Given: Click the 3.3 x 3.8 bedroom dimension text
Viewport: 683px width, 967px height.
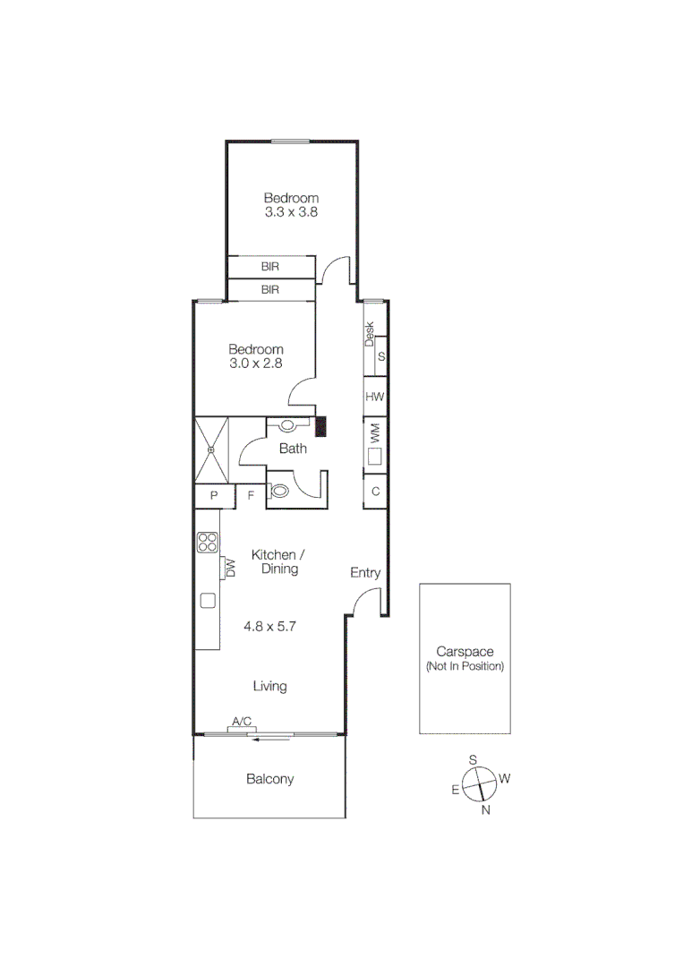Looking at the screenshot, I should coord(291,213).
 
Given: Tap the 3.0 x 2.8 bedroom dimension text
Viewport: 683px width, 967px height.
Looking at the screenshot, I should coord(255,364).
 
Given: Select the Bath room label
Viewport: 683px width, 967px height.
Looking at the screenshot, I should coord(293,449).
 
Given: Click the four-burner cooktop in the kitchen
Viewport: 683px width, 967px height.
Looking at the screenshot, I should coord(207,542).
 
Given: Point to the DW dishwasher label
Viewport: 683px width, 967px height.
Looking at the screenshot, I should coord(230,568).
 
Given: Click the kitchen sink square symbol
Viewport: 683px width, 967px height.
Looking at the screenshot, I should coord(208,601).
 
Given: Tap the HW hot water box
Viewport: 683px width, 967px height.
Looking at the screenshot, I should coord(375,397).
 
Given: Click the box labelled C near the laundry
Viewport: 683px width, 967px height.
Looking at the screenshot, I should coord(375,492).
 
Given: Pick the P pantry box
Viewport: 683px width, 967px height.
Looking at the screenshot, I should coord(215,495).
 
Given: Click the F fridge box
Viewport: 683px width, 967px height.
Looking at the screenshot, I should coord(251,495).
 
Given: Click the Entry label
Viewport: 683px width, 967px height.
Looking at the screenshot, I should coord(365,573).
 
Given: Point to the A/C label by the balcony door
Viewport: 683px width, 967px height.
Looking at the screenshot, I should coord(242,721).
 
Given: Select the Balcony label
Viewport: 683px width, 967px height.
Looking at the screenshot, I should coord(269,779).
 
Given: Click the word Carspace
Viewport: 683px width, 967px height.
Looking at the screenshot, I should coord(465,652).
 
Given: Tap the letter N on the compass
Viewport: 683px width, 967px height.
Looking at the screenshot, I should coord(486,810).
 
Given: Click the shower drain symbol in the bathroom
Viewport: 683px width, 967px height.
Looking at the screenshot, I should coord(212,449).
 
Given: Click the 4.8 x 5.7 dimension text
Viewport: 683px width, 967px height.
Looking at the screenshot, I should coord(269,627).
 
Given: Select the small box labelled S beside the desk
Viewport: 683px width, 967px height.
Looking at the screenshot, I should coord(381,356).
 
